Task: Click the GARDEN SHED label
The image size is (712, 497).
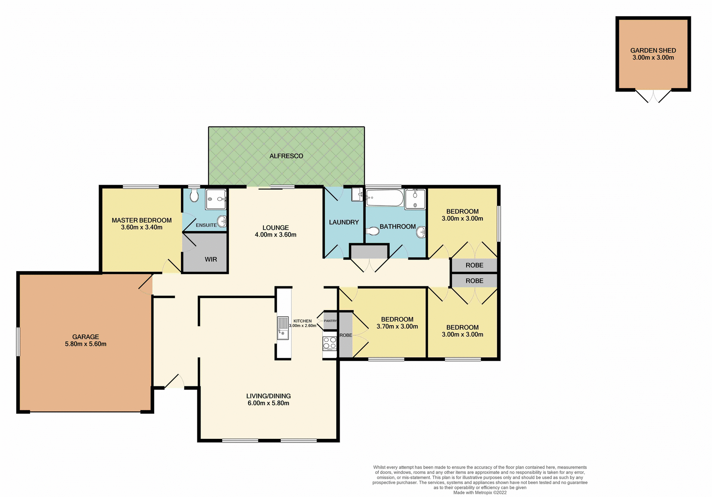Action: pos(653,50)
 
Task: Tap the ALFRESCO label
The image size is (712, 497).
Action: pos(286,156)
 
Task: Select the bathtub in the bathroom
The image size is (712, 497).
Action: pos(385,198)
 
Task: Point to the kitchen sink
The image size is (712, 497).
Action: pos(283,328)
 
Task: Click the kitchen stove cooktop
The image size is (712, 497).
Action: pos(329,343)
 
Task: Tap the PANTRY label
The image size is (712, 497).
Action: pos(330,321)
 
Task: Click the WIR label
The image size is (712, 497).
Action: pos(211,259)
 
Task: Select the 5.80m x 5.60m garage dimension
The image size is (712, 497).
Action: pos(86,344)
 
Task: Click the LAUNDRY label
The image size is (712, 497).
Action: pos(344,222)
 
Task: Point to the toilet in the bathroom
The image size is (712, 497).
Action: pos(373,231)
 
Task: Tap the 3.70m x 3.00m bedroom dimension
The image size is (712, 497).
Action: pos(397,326)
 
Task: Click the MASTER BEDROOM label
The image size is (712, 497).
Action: pos(142,220)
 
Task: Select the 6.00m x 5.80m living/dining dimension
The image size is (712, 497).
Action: pos(268,403)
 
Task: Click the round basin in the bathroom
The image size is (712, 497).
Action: pos(421,233)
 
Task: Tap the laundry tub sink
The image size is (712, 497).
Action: pos(357,194)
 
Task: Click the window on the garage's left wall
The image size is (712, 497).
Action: pos(18,341)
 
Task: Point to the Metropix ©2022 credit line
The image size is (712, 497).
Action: pos(480,493)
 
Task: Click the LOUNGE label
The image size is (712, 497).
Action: pos(276,228)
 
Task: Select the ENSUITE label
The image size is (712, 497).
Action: pos(206,225)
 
